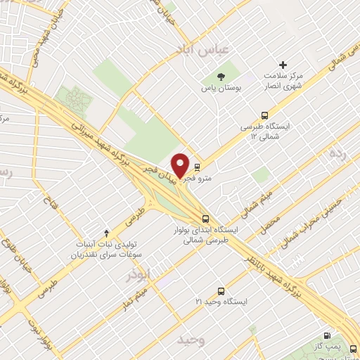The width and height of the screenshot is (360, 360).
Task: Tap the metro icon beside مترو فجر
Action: [198, 168]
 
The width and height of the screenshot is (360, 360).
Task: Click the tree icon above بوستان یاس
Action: [222, 76]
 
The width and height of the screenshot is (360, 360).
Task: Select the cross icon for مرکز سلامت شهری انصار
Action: [283, 65]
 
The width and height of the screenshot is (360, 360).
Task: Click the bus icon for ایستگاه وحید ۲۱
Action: [221, 290]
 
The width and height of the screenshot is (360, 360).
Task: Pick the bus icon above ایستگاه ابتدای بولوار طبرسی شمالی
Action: [205, 219]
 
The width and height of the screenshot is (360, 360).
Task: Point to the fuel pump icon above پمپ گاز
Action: [326, 336]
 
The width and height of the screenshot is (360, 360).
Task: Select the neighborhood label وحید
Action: [191, 340]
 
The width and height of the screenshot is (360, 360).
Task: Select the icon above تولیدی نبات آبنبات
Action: [106, 233]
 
